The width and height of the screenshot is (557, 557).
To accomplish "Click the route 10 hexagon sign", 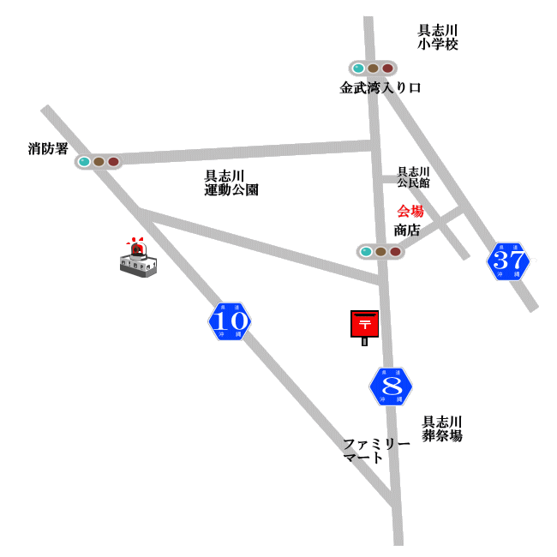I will click(x=230, y=321).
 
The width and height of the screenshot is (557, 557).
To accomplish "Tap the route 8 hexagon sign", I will click(x=391, y=386).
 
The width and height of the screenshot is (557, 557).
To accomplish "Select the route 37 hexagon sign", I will click(x=508, y=261).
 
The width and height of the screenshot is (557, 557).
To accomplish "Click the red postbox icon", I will click(x=364, y=325).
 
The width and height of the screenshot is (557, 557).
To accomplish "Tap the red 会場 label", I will click(x=410, y=211).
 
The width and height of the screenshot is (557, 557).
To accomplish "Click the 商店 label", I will click(x=407, y=230).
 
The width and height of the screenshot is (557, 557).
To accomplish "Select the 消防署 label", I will click(x=48, y=149).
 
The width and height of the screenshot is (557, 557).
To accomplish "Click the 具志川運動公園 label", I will click(x=231, y=183).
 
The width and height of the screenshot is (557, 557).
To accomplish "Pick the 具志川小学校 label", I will click(x=438, y=37).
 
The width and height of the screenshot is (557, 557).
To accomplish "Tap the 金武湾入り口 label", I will click(x=380, y=87).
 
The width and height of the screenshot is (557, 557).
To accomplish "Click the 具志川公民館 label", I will click(x=413, y=177).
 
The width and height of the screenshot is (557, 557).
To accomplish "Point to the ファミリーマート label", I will click(x=376, y=451).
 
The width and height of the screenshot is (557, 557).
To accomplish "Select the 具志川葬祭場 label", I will click(x=442, y=428).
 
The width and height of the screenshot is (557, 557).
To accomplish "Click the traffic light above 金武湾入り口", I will click(x=373, y=69).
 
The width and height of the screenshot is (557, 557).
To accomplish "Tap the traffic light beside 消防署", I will click(x=99, y=161).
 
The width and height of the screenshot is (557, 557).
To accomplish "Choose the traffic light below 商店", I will click(x=380, y=251).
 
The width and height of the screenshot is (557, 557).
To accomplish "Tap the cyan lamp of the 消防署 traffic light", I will click(x=84, y=161).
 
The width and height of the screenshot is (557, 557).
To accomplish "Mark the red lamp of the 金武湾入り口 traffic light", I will click(x=387, y=69).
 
